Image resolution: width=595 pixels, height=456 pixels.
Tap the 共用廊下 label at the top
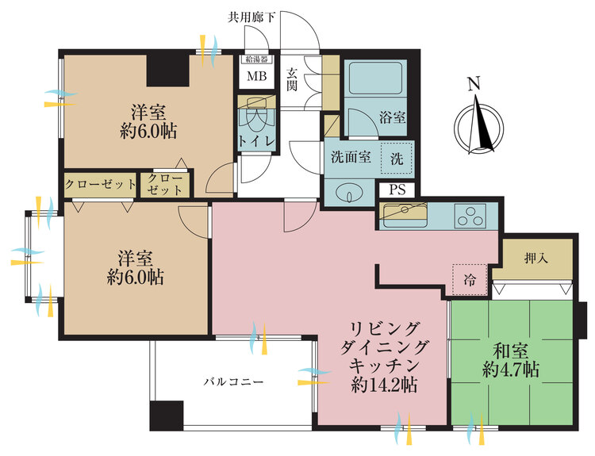(x=251, y=16)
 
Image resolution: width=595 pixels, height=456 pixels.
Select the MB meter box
(x=257, y=77)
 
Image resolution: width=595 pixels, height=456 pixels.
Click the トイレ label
(x=258, y=141)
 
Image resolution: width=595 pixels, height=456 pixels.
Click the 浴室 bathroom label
(x=391, y=117)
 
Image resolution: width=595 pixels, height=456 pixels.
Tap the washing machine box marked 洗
(x=395, y=158)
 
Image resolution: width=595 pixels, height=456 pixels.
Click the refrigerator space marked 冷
(x=470, y=278)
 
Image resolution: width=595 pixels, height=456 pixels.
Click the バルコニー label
(x=232, y=381)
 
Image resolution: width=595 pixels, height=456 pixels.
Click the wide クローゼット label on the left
(x=100, y=184)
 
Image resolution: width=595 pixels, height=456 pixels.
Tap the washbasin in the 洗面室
(x=347, y=193)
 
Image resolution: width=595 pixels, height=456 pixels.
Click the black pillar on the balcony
(x=166, y=415)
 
